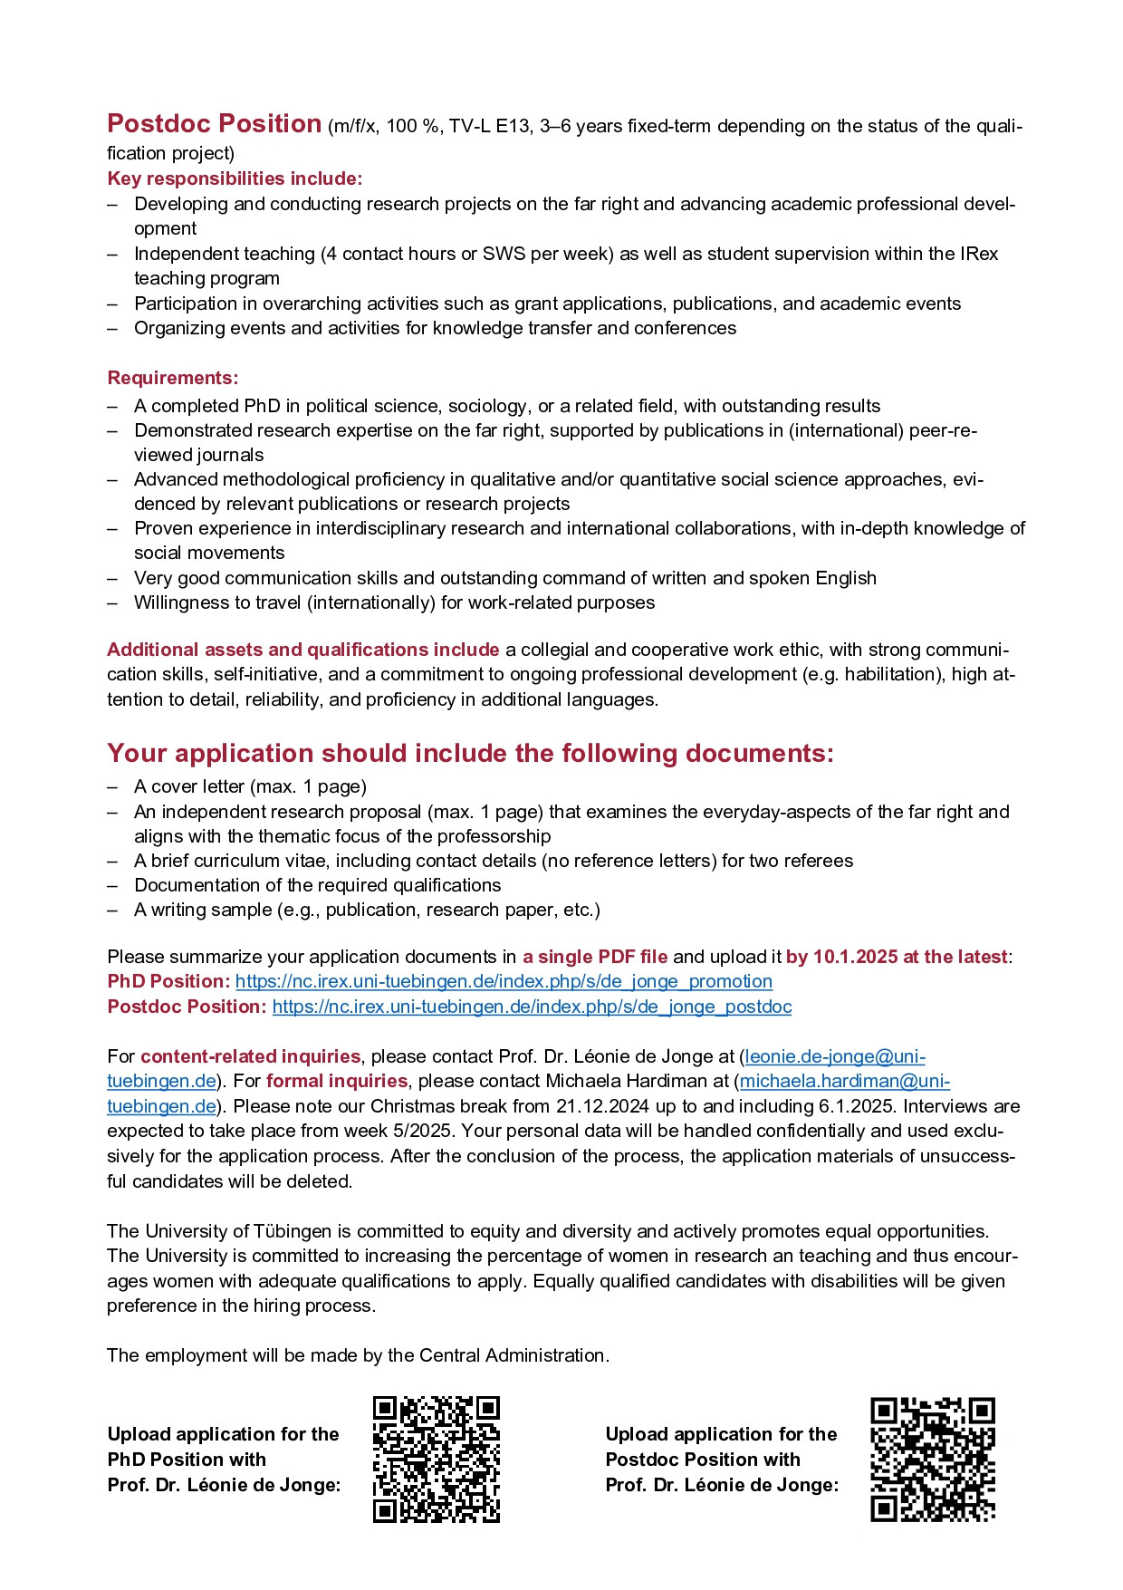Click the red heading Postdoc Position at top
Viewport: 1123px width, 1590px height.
[x=214, y=124]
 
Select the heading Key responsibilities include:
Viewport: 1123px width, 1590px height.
[x=235, y=178]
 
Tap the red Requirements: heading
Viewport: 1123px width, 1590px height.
[x=172, y=378]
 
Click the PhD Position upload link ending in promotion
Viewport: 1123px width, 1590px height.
[x=504, y=982]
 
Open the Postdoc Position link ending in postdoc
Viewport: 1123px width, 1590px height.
[x=532, y=1007]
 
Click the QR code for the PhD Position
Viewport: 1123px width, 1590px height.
[x=436, y=1460]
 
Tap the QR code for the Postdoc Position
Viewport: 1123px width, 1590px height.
[x=933, y=1460]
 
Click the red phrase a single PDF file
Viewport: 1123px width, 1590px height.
[x=595, y=957]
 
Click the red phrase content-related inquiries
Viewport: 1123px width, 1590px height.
[x=250, y=1056]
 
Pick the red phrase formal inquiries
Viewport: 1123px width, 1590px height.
[x=337, y=1081]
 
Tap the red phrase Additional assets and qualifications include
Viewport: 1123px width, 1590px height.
[x=303, y=650]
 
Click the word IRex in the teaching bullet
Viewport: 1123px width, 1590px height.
[x=979, y=254]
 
